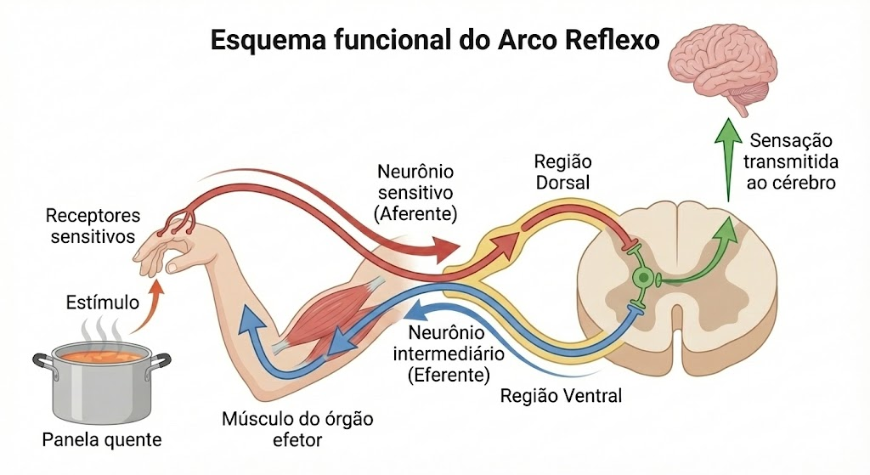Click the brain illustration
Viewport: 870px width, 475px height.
(722, 66)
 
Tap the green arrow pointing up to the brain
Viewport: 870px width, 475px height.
(728, 160)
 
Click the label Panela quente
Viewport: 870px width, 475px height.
(102, 440)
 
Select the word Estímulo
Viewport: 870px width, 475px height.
(102, 303)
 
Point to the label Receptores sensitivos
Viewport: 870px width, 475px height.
(93, 226)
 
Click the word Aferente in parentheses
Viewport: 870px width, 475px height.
(415, 213)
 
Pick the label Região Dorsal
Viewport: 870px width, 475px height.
(562, 172)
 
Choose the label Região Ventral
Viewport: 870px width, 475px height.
(561, 396)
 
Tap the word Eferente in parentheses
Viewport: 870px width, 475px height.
(449, 375)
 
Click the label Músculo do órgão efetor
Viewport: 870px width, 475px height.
(297, 429)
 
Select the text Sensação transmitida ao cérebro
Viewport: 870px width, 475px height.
(791, 161)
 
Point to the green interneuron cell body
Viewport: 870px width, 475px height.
(643, 277)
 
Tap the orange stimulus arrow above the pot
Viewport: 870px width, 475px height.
(149, 308)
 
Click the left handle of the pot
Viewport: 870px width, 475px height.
(43, 360)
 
